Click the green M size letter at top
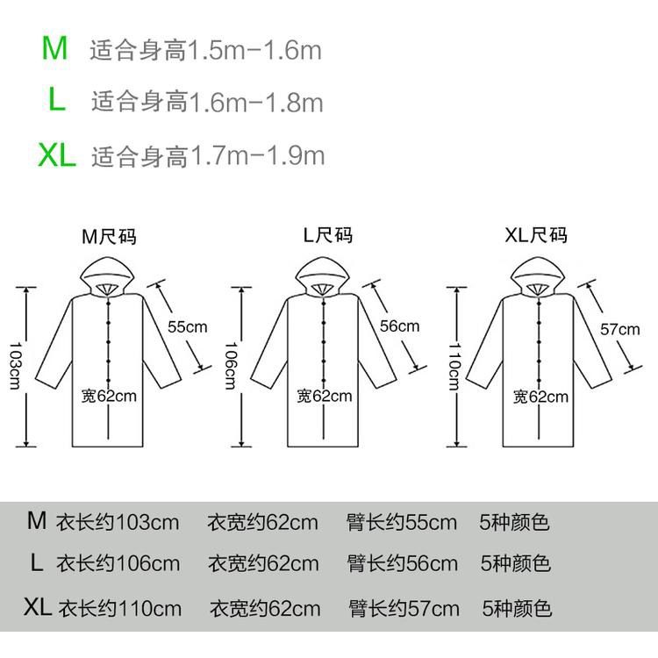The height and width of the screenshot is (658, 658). point(54,48)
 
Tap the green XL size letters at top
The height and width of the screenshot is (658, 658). point(57,155)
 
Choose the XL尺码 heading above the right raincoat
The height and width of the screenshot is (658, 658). point(536,235)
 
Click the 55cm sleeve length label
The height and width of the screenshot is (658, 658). point(187,326)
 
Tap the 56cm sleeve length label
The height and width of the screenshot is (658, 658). point(399,325)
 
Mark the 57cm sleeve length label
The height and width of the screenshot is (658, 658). point(619,329)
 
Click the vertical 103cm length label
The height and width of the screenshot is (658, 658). point(15,366)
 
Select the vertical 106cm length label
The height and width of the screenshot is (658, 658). point(231,366)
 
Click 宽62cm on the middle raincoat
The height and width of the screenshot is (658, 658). point(325,396)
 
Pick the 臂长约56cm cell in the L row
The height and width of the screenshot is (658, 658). point(402,563)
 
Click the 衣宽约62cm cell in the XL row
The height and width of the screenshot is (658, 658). point(265,608)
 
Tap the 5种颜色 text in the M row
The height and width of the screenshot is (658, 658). point(514,522)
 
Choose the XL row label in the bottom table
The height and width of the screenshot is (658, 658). point(38,606)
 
